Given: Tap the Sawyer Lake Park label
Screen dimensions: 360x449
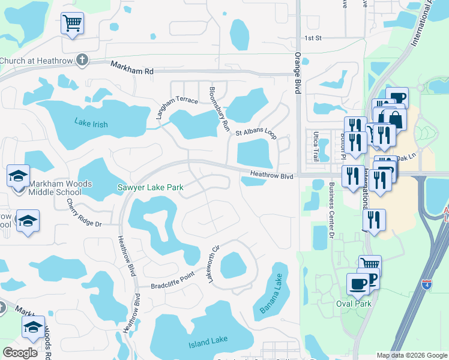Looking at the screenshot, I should coord(150,188).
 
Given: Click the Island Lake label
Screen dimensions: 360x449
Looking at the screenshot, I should coord(208,341).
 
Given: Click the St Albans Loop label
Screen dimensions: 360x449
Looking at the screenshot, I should coord(256,133).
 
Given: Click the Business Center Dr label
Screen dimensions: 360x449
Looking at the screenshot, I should coord(331,211).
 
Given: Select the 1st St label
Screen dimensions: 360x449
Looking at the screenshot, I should coord(313,38).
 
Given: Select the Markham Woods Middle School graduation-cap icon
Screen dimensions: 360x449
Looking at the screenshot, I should coord(18,176).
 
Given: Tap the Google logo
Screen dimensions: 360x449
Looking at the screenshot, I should coord(20,353).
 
